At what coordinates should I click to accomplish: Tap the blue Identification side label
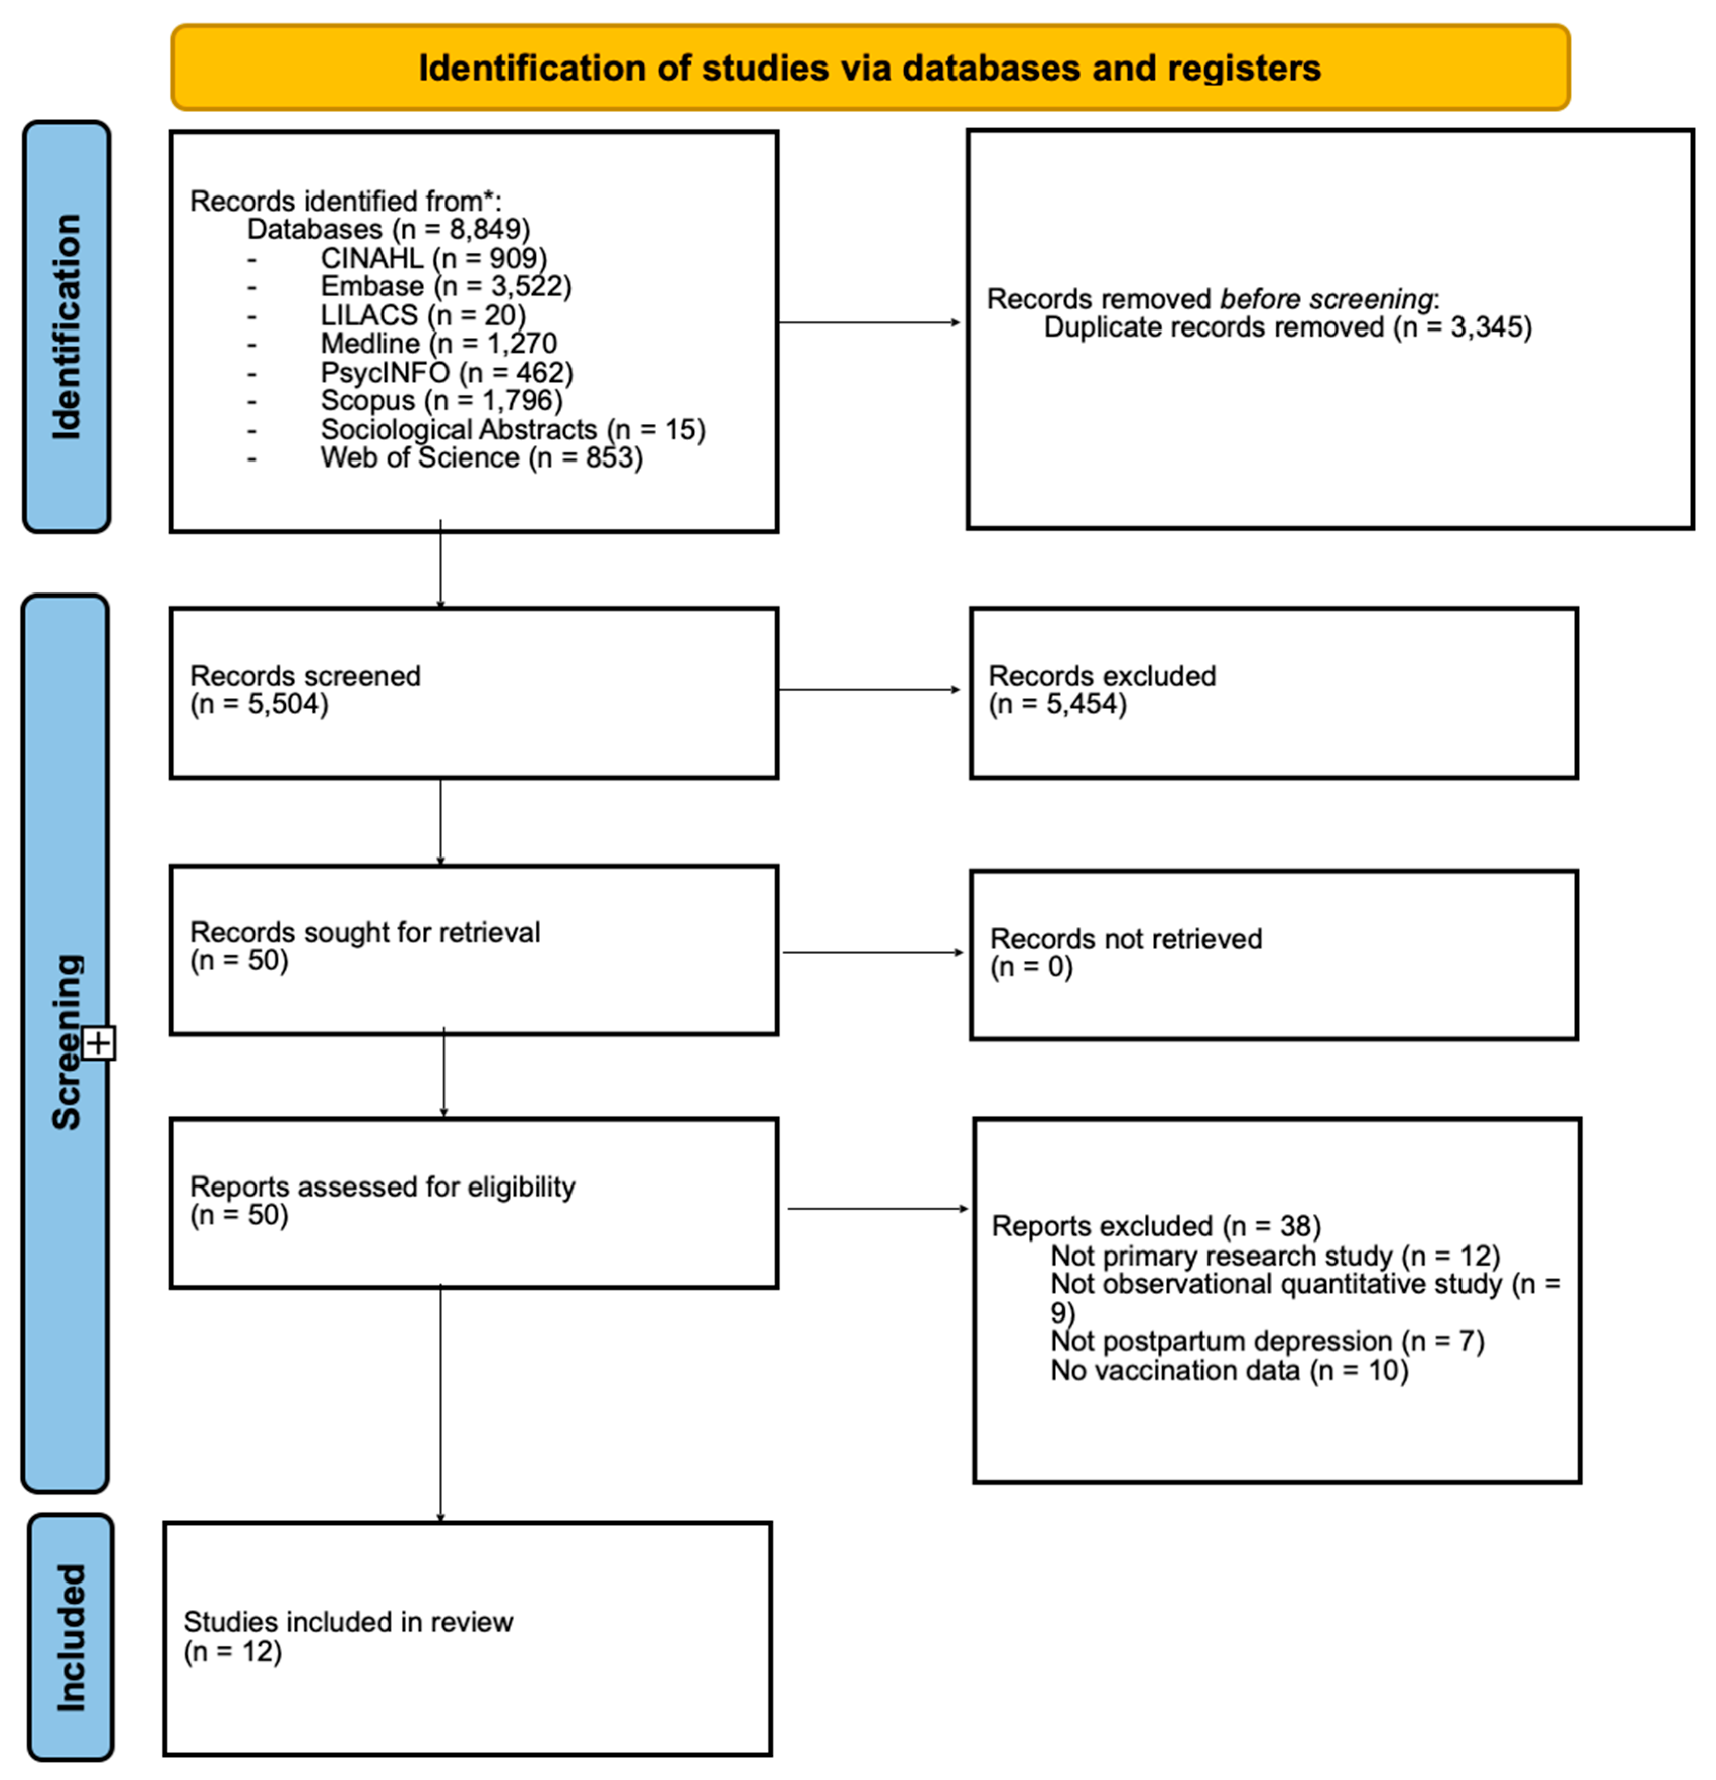(67, 327)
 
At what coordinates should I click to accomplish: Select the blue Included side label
(71, 1637)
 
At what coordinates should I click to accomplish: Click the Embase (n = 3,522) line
(445, 286)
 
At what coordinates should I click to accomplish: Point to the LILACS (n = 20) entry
(422, 315)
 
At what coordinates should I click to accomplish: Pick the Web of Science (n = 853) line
(481, 457)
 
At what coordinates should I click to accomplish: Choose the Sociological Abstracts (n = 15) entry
(513, 430)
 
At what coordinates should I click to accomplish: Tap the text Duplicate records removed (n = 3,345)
(1287, 327)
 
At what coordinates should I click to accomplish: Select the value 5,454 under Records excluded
(1086, 704)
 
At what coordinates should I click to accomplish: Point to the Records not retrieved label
(1125, 938)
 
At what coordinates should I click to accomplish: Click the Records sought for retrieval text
(364, 932)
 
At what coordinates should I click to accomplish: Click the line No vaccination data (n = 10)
(1229, 1370)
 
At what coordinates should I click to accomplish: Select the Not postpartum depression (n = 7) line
(1267, 1341)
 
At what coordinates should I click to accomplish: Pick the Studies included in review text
(348, 1622)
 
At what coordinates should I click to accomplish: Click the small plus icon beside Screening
(99, 1042)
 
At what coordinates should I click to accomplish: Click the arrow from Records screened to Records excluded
(869, 690)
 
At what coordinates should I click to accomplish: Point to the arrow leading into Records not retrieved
(872, 953)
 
